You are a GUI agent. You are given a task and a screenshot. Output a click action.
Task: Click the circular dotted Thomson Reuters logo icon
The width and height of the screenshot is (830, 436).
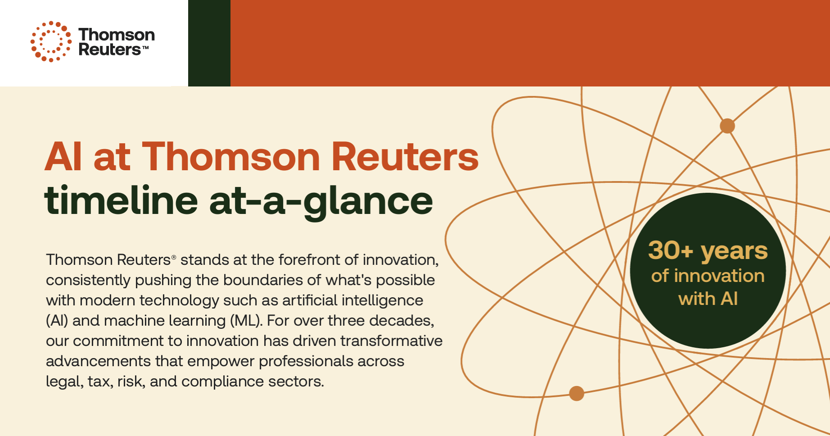tap(51, 41)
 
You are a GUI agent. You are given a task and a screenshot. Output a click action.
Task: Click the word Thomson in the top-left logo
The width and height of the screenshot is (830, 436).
tap(117, 35)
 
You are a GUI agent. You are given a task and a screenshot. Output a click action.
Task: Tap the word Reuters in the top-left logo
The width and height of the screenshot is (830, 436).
tap(110, 49)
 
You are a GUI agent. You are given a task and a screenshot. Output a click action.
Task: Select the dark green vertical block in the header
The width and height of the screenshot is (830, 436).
tap(209, 43)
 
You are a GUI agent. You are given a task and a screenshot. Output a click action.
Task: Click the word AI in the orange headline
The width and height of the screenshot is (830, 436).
tap(63, 157)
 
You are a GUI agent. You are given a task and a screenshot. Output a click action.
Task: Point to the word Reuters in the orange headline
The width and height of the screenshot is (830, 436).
tap(405, 157)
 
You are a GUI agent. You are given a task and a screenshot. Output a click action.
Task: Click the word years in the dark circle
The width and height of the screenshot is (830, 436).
tap(734, 251)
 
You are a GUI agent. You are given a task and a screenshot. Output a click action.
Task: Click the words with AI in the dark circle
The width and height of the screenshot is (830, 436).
tap(708, 299)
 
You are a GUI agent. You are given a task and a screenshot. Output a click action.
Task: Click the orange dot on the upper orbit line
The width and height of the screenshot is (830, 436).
tap(727, 126)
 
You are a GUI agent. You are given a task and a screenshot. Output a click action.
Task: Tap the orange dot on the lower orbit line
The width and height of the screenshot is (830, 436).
tap(577, 393)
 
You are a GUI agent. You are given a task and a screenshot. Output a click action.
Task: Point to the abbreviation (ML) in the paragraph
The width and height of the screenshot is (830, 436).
tap(246, 321)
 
